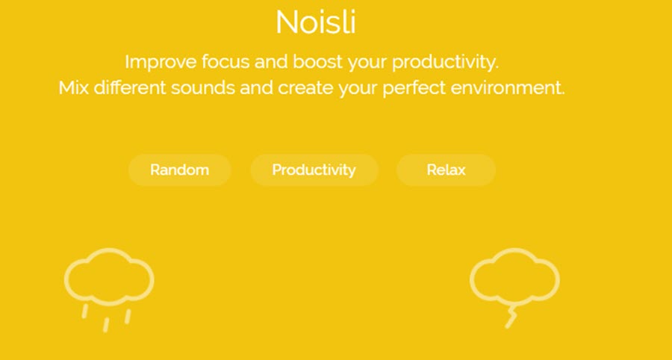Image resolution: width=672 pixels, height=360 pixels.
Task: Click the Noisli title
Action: click(x=315, y=22)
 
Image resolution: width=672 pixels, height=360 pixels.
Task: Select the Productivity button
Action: click(x=314, y=170)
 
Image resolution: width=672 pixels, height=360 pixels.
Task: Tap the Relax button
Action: click(x=446, y=170)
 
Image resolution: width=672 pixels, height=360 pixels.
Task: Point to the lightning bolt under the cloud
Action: click(x=511, y=317)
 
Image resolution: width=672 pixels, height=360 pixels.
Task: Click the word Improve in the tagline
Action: click(x=161, y=62)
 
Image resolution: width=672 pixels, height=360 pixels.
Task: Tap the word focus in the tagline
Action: click(x=225, y=62)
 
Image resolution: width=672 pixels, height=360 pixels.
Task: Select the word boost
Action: click(x=317, y=62)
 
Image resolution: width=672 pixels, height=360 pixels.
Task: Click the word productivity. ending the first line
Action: click(x=445, y=63)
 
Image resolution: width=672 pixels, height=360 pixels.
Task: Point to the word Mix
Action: click(x=74, y=88)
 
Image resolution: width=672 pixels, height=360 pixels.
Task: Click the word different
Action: click(x=130, y=87)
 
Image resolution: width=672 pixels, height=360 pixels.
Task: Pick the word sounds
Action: click(x=202, y=88)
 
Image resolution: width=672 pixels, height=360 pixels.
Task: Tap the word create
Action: click(x=305, y=88)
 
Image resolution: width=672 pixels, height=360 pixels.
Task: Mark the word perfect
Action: click(x=414, y=88)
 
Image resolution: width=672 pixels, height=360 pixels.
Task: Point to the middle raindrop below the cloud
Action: click(x=106, y=325)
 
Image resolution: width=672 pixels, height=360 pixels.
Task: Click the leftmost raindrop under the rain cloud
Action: click(x=85, y=311)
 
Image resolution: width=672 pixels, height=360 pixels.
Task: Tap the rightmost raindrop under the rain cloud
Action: click(x=128, y=317)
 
